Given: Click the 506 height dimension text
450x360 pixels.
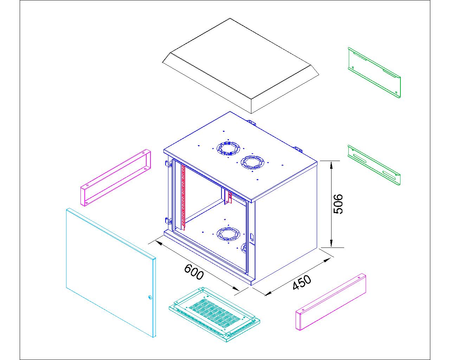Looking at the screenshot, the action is [x=338, y=204].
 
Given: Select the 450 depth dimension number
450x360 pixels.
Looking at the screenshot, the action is [x=302, y=282].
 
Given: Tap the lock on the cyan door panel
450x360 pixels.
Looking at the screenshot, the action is [x=150, y=297].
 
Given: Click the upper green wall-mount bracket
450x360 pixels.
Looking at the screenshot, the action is [x=374, y=72].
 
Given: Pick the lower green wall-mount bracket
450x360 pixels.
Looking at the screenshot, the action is [x=374, y=165].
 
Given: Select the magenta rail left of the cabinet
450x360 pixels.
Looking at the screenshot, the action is [x=116, y=178].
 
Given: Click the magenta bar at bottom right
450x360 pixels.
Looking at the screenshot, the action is [x=331, y=302].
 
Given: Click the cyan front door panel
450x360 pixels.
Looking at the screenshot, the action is [x=111, y=272].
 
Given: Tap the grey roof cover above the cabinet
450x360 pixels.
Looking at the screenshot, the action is [x=240, y=66].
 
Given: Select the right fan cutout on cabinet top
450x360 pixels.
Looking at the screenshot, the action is [x=252, y=162].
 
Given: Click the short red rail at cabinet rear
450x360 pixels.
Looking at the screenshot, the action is [x=230, y=198].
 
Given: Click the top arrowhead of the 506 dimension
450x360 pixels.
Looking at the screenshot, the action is [x=331, y=165].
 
